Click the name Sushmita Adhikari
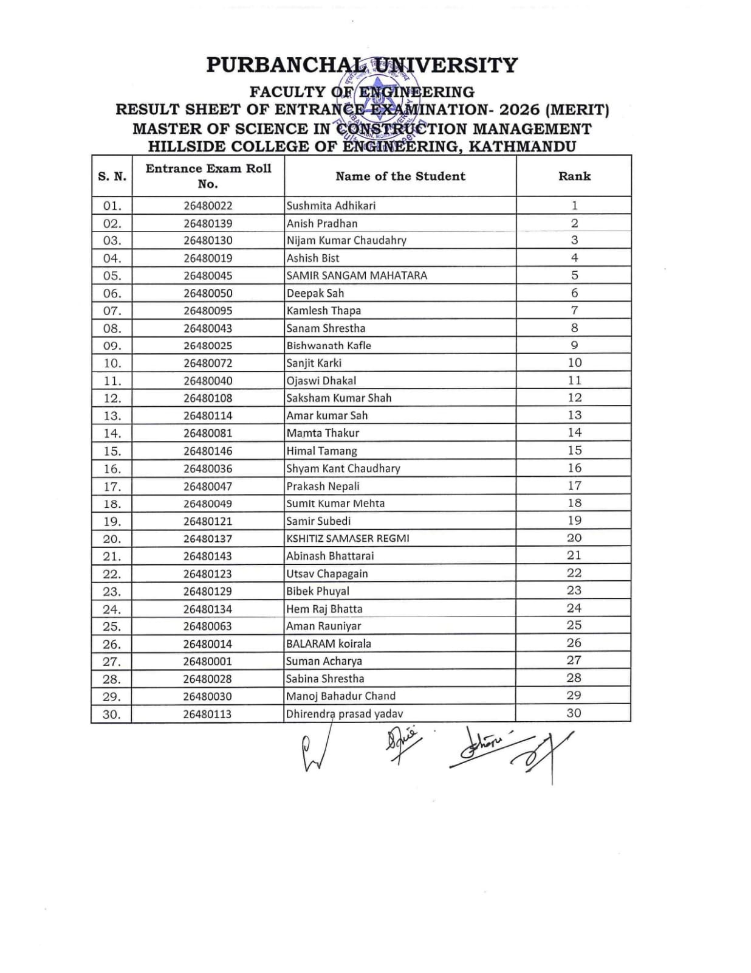click(331, 206)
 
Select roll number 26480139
click(208, 223)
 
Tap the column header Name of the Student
click(400, 176)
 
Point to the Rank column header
click(574, 176)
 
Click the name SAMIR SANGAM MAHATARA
click(357, 275)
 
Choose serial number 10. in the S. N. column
click(112, 363)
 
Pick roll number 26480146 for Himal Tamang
click(208, 451)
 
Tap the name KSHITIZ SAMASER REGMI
click(348, 538)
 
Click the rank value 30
click(574, 713)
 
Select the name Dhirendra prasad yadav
click(344, 714)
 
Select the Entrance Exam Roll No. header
click(208, 176)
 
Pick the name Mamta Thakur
click(323, 433)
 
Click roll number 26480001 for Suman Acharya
click(208, 661)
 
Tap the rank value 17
click(574, 486)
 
